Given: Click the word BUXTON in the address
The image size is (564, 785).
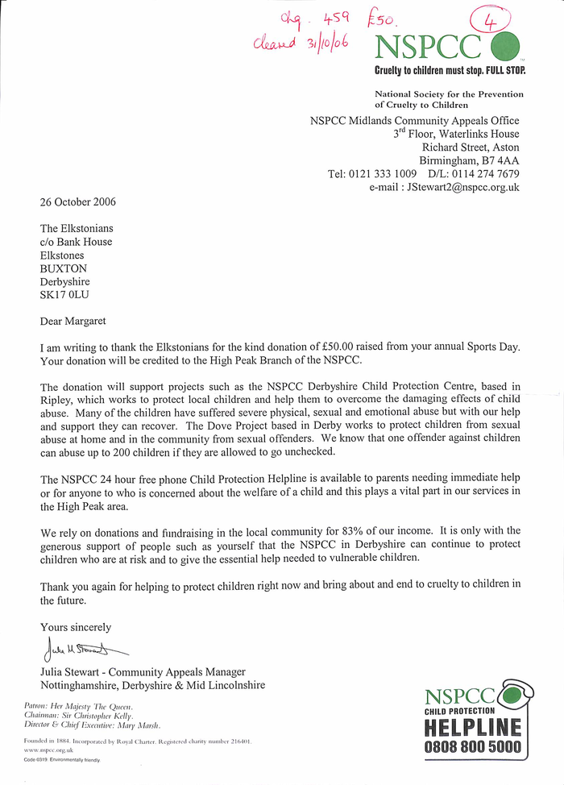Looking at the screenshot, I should pos(64,268).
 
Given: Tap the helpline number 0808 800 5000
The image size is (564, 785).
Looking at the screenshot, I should pos(472,747).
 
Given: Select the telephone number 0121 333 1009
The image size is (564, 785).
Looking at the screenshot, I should pos(383,173).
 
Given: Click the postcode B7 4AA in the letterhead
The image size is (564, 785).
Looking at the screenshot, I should pos(498,160).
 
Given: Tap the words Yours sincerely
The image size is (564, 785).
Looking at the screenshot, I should pos(76,626).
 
